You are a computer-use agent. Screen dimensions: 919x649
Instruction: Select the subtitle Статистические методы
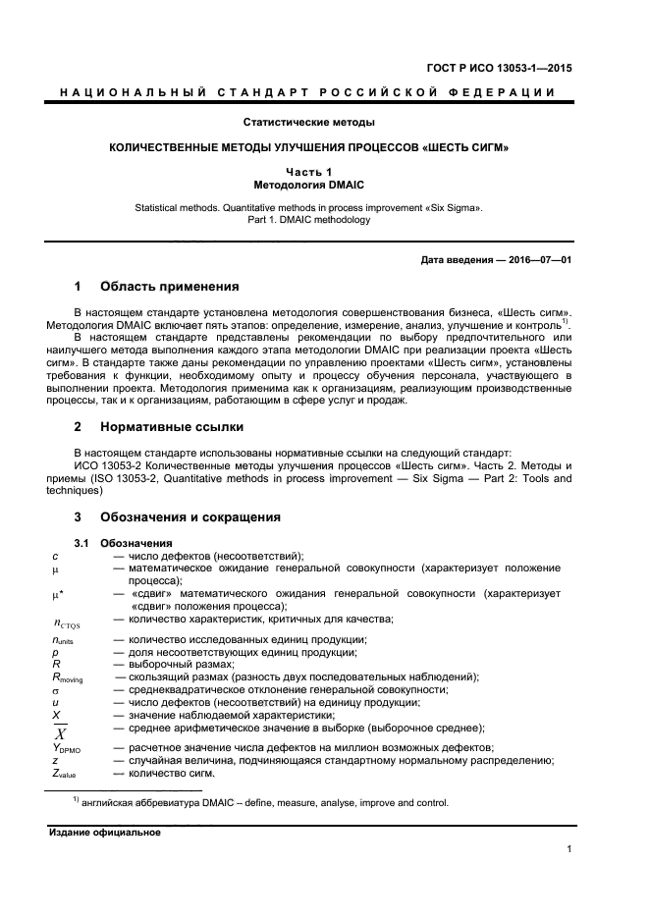click(x=309, y=123)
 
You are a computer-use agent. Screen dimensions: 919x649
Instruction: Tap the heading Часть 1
click(x=309, y=172)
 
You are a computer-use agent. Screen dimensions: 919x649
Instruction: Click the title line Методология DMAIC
click(x=309, y=184)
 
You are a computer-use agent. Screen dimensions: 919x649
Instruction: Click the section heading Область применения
click(x=169, y=287)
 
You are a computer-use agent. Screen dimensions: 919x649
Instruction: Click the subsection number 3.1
click(x=83, y=543)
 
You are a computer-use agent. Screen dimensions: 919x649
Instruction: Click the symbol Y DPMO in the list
click(x=70, y=749)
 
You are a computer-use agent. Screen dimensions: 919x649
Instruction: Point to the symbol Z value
click(x=65, y=776)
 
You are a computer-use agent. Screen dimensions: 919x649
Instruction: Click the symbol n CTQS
click(x=68, y=622)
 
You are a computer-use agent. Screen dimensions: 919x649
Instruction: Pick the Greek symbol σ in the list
click(x=56, y=690)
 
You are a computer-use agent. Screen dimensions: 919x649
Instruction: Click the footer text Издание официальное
click(x=104, y=832)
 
